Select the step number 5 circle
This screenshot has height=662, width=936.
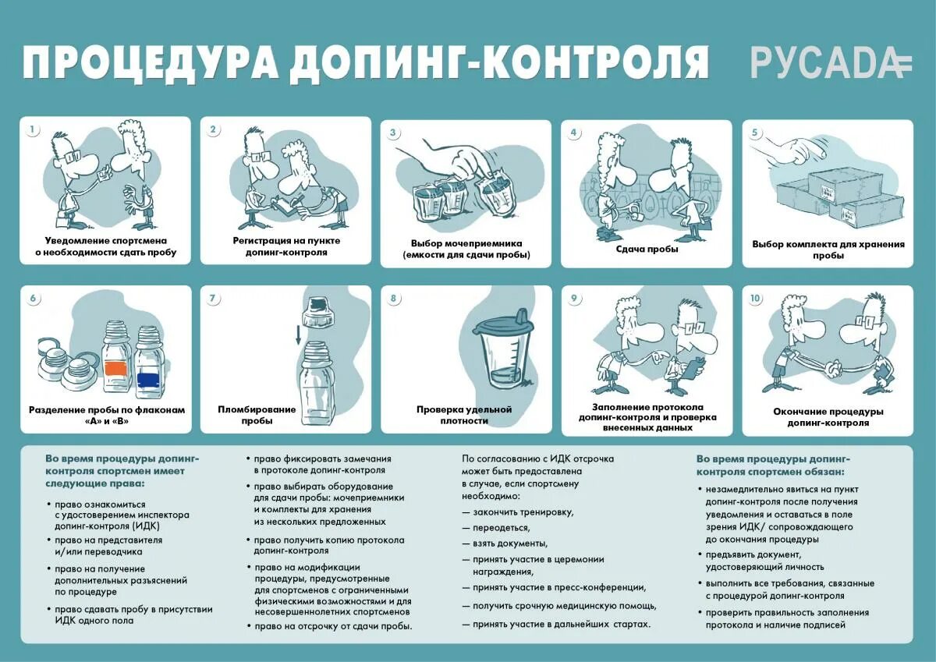click(x=754, y=132)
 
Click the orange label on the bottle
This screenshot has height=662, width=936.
click(x=115, y=367)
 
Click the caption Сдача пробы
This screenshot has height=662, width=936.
click(x=647, y=249)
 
